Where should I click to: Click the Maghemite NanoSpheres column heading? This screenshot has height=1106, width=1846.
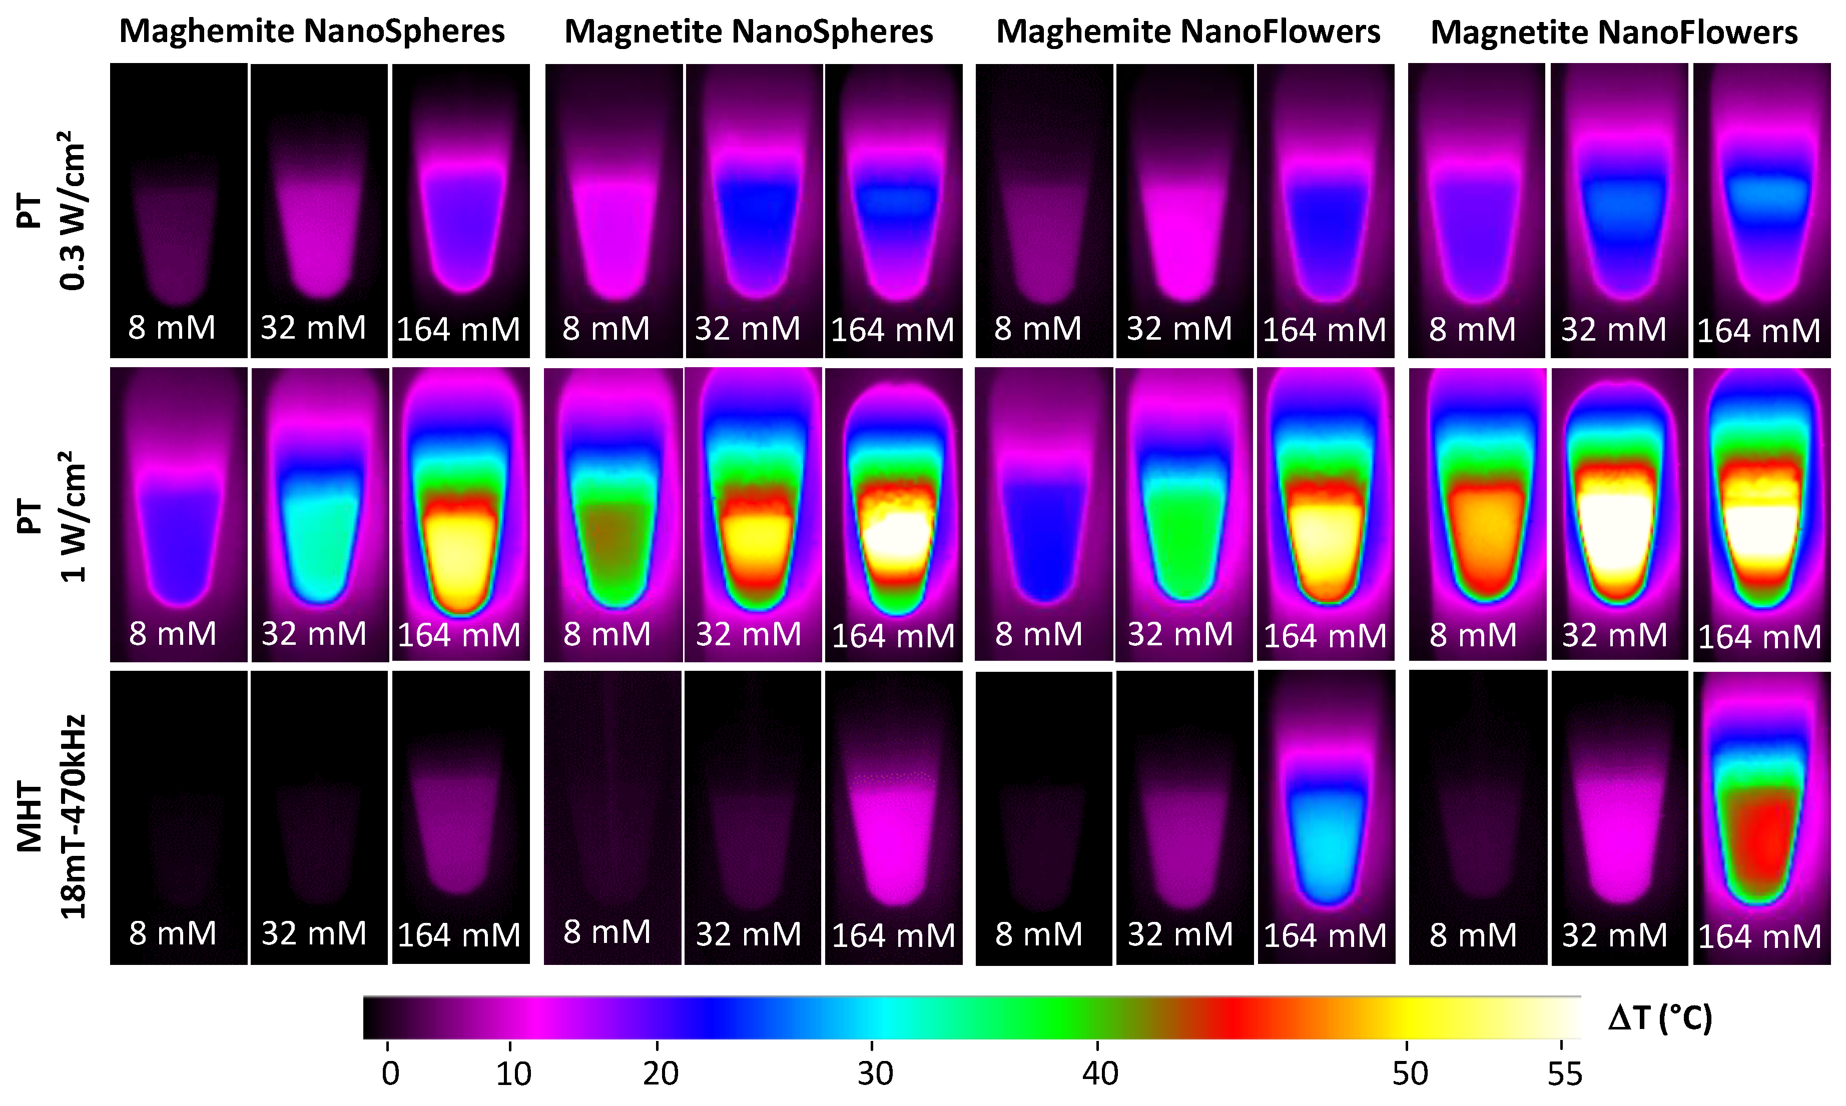click(312, 32)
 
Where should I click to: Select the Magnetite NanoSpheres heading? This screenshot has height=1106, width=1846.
click(749, 32)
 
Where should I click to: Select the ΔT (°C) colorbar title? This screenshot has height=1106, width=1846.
click(1660, 1018)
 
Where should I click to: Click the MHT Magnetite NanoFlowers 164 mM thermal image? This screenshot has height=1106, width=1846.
click(1761, 817)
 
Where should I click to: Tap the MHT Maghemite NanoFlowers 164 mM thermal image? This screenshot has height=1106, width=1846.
click(1326, 817)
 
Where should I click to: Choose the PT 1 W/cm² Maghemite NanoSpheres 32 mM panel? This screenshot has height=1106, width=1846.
click(320, 514)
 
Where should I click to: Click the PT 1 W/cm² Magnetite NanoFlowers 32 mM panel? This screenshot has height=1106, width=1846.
click(1619, 514)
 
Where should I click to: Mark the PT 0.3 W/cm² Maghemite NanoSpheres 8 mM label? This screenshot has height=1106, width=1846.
click(172, 328)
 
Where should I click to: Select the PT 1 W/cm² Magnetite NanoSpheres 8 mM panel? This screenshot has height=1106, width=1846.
click(613, 514)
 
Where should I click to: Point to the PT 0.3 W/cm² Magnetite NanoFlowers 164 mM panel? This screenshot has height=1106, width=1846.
click(1761, 210)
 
